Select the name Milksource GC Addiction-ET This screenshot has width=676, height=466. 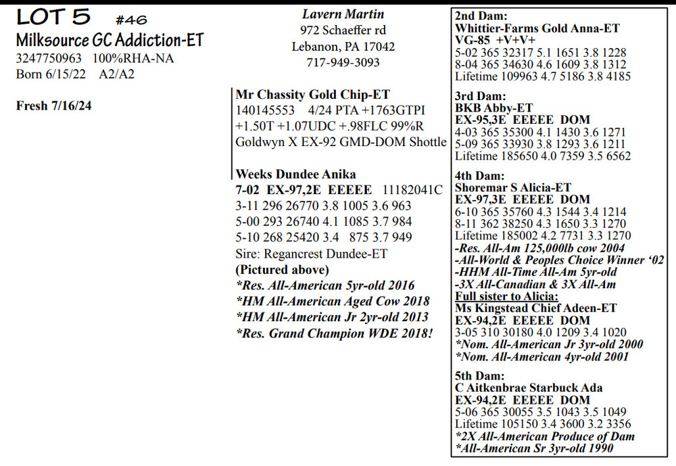[x=110, y=41]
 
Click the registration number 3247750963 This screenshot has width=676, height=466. [x=49, y=59]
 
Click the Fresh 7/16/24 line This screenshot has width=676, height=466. [x=53, y=106]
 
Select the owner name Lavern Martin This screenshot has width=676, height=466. [x=343, y=14]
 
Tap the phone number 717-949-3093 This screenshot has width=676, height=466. [x=343, y=63]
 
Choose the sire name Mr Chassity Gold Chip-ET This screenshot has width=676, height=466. [x=312, y=95]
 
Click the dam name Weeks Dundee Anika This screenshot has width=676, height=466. [x=295, y=174]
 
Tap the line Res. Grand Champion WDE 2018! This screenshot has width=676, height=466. [x=334, y=333]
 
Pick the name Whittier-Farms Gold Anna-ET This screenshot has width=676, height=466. [x=537, y=28]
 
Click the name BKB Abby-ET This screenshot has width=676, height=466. [x=494, y=108]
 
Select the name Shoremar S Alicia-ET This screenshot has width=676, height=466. [x=514, y=187]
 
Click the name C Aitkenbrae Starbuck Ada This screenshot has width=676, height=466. [x=528, y=388]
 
